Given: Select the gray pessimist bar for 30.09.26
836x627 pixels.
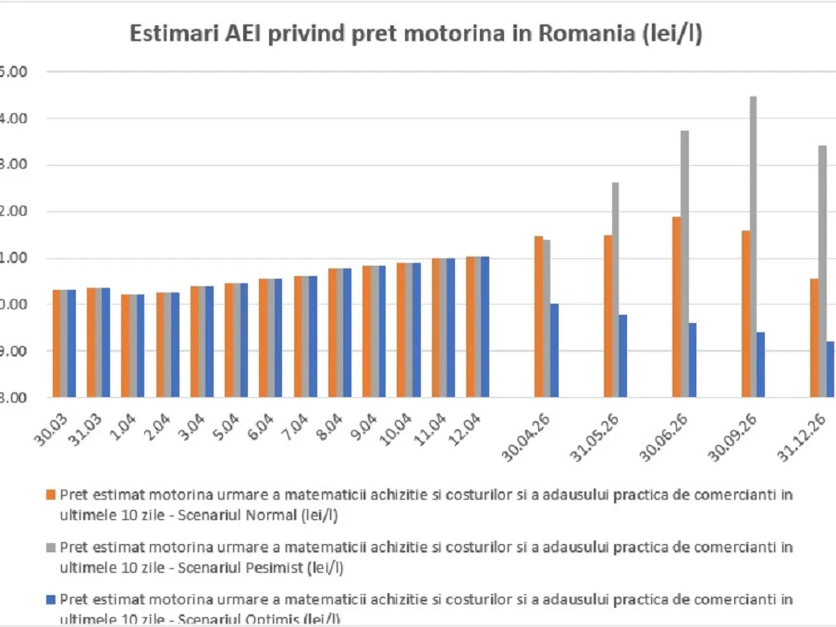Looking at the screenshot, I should click(753, 247).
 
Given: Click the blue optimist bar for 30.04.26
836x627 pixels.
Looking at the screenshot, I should click(554, 350).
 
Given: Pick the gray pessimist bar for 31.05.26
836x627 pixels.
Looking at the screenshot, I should click(615, 290).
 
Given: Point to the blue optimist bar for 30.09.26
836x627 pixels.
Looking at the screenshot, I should click(761, 364).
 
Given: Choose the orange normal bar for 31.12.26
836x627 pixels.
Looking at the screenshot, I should click(814, 338).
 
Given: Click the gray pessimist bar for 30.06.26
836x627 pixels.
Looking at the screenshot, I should click(684, 264).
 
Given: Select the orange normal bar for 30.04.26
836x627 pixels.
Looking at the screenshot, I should click(539, 317).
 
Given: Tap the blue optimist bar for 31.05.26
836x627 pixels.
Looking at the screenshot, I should click(623, 356).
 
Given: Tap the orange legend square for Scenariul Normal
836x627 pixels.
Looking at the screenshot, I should click(49, 495).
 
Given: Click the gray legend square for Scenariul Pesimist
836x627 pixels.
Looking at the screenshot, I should click(49, 548).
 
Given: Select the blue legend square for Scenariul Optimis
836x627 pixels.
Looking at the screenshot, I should click(49, 600).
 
